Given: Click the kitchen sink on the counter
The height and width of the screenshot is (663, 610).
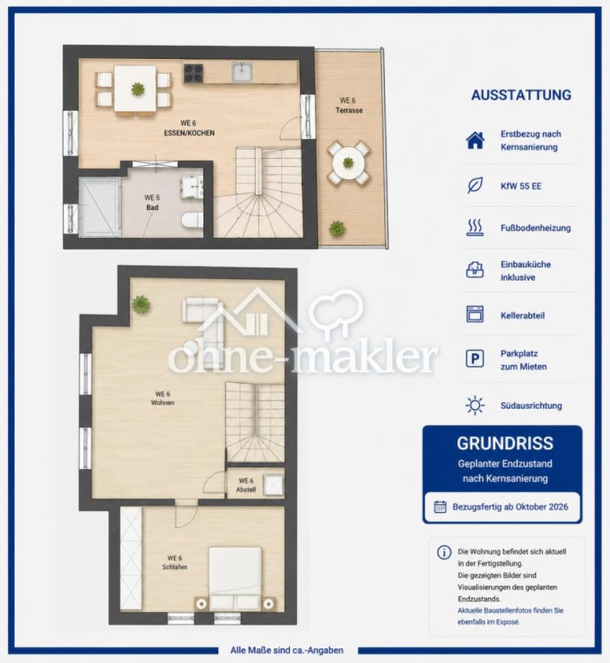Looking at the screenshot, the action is tap(242, 71).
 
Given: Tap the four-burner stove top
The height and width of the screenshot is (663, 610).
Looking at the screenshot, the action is tap(194, 73).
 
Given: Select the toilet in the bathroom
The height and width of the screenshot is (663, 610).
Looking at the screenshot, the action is tap(192, 221).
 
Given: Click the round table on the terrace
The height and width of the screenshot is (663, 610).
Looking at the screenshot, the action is tap(348, 163).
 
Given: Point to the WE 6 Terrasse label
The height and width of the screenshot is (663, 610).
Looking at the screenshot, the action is tap(348, 105).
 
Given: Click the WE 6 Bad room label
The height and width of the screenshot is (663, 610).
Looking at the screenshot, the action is tap(152, 203).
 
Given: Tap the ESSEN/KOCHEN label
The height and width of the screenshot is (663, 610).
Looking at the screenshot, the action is tap(189, 133).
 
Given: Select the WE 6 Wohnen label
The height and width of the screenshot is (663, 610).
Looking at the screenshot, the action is tap(163, 399).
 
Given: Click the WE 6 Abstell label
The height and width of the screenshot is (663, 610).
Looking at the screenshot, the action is tap(246, 485).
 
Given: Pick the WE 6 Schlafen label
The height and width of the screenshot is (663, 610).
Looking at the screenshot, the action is tap(175, 562).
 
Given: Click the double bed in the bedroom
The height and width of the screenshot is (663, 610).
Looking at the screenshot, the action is tap(235, 578).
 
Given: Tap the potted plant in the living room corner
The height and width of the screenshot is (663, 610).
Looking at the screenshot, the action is tap(141, 304).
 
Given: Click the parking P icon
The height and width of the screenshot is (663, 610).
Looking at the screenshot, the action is tap(474, 359).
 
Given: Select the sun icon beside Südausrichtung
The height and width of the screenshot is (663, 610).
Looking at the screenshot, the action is tap(474, 405).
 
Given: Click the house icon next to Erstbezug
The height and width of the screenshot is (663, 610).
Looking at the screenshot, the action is tap(475, 141).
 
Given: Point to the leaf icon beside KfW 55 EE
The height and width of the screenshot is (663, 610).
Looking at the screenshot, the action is tap(475, 185).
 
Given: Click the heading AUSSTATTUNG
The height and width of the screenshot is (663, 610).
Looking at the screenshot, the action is tap(522, 95).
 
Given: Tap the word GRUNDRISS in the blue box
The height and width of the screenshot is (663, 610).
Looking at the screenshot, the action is tap(505, 443).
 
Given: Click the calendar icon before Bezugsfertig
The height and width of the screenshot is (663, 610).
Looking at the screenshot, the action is tap(440, 507).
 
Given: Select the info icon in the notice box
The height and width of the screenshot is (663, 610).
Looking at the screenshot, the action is tap(444, 552).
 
